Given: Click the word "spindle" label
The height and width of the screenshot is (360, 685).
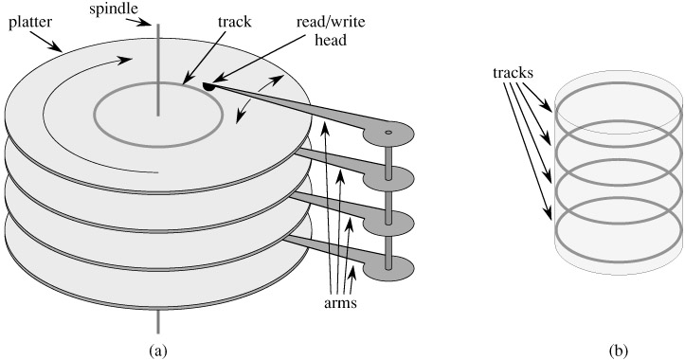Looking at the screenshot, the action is (x=115, y=9).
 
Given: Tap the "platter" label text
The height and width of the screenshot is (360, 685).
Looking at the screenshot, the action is (x=30, y=22).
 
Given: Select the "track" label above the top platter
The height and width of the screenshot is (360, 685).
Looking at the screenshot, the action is (x=235, y=22).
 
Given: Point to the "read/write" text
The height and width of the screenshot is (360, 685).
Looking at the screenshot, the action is (x=331, y=22).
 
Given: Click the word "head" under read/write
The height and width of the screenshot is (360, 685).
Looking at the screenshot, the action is (x=331, y=40).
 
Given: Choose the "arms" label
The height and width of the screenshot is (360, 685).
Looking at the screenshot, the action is (x=340, y=303).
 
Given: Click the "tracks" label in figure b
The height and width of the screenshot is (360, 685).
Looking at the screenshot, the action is (x=513, y=73).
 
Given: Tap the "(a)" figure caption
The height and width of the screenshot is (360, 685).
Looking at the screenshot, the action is (x=158, y=351).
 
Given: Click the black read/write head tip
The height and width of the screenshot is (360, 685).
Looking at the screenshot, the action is (x=208, y=86).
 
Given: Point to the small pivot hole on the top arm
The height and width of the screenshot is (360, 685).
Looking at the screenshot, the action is (x=388, y=132).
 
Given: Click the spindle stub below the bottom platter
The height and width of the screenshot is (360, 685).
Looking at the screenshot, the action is (x=158, y=321).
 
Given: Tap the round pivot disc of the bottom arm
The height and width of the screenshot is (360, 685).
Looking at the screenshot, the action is (x=388, y=267).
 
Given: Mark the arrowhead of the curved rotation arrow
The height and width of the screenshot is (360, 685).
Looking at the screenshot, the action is (x=125, y=60).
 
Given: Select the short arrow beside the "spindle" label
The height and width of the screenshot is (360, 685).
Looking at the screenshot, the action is (x=144, y=22).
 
